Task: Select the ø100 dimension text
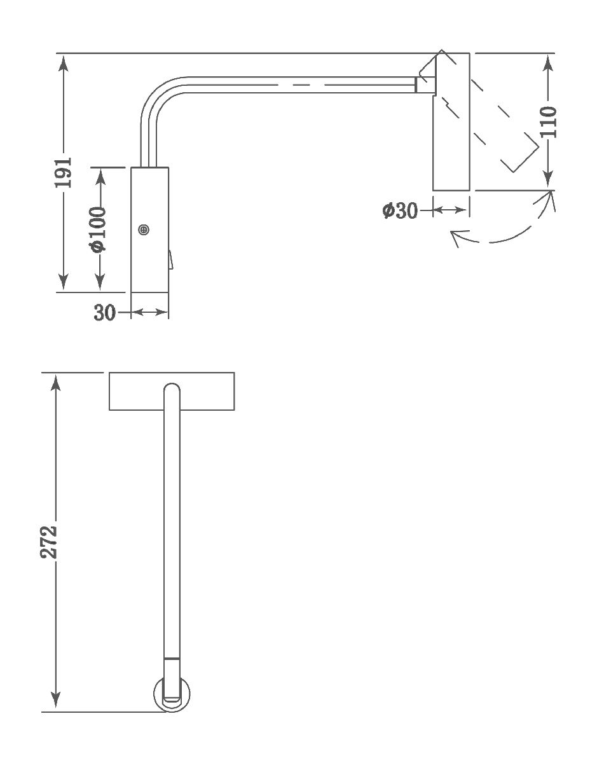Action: tap(99, 229)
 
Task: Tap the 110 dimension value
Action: tap(548, 121)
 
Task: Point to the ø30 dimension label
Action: tap(400, 210)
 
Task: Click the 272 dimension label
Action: tap(50, 541)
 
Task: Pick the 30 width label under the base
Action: tap(105, 313)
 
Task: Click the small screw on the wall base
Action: tap(144, 230)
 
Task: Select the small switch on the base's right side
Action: tap(170, 260)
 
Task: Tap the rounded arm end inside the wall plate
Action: tap(172, 391)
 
